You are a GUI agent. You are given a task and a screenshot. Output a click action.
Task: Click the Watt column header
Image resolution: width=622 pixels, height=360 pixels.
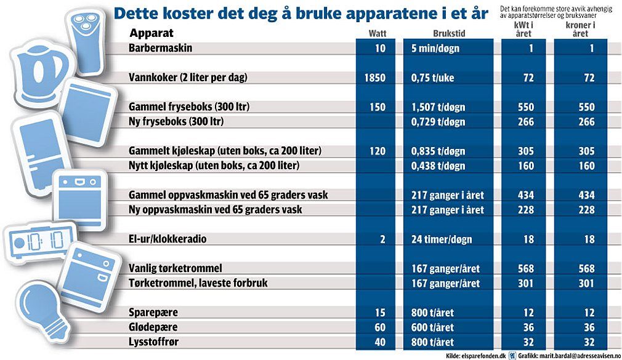pos(378,33)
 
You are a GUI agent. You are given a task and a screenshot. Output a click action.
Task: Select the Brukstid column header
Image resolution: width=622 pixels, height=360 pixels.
pos(449,33)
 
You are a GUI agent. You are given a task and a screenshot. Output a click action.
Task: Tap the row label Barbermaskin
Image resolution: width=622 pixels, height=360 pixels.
pos(160,48)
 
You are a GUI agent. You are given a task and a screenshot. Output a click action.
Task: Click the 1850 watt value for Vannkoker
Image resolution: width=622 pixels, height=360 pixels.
pos(375,78)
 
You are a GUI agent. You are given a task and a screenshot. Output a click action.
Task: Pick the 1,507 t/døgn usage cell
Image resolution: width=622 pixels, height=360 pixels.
pos(438,107)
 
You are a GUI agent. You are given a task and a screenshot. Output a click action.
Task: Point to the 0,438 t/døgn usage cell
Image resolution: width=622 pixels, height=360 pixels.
pos(438,166)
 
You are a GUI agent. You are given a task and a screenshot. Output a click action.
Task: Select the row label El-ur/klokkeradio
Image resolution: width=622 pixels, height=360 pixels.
pos(168,239)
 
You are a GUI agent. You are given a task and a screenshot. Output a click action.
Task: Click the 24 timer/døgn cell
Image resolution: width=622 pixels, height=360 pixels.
pos(442,239)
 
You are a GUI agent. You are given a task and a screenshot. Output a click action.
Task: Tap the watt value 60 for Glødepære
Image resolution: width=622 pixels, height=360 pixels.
pos(380,327)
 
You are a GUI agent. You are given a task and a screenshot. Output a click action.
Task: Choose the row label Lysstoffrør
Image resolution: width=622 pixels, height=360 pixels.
pos(153,342)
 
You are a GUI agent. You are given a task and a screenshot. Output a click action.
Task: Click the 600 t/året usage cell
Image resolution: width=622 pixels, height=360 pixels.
pos(432,327)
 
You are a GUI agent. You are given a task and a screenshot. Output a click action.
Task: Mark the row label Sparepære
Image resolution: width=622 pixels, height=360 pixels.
pos(153,313)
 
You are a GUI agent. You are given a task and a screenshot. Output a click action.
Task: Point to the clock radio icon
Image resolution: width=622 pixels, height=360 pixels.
pos(39,241)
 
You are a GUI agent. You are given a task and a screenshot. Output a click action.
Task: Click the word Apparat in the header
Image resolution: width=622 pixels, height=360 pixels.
pos(151,33)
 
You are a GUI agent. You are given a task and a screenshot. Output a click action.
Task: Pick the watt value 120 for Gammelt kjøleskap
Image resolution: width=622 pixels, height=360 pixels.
pos(378,151)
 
